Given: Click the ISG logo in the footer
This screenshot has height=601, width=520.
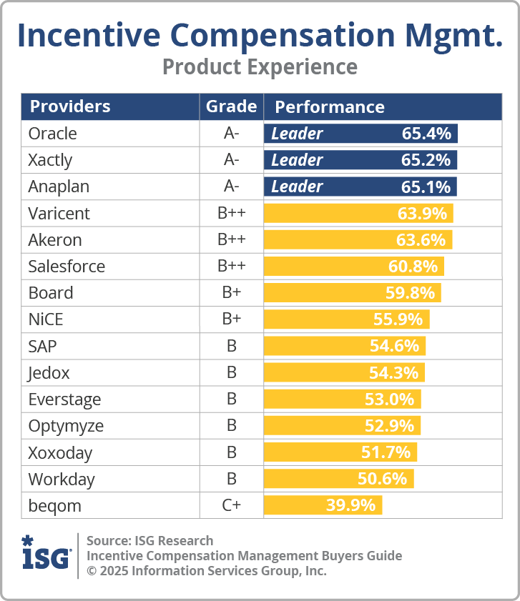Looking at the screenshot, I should click(46, 552).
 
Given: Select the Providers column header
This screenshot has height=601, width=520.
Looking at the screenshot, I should click(69, 107).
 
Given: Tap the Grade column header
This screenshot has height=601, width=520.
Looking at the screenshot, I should click(231, 106).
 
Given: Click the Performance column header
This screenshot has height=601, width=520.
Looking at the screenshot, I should click(330, 107).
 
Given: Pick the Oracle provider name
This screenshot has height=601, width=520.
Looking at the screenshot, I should click(52, 134).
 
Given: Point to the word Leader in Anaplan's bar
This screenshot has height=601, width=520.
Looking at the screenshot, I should click(297, 187).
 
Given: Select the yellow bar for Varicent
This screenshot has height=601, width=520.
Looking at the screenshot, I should click(358, 213).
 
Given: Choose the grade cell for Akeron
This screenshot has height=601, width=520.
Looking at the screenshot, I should click(231, 239).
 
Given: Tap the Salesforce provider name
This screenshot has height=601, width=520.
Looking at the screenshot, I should click(67, 267).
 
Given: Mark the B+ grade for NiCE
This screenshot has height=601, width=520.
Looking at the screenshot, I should click(231, 319).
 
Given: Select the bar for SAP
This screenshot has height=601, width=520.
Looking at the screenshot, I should click(344, 346).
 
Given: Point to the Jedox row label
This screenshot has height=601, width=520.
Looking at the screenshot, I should click(49, 372).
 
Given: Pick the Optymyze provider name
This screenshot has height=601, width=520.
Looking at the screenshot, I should click(66, 426).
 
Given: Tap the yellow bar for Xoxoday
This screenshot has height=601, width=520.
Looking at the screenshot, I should click(340, 452).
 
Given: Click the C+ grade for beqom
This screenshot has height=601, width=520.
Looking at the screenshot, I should click(231, 505).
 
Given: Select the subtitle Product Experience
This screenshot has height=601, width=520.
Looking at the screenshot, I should click(260, 67).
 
